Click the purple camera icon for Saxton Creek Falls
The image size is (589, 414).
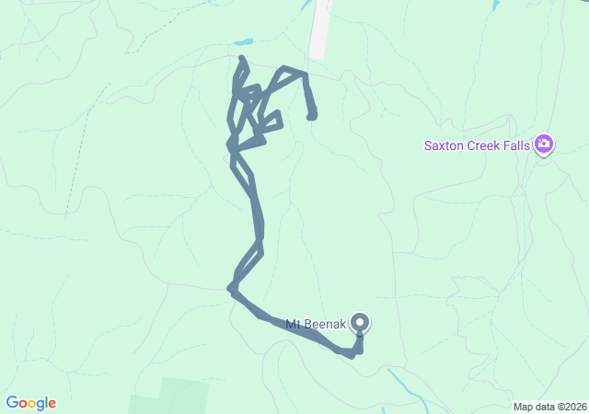tap(544, 144)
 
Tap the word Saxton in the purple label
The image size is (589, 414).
tap(444, 144)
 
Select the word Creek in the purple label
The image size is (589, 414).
tap(484, 144)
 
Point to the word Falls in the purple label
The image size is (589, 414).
tap(518, 144)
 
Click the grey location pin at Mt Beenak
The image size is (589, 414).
tap(361, 322)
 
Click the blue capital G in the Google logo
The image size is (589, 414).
tap(12, 403)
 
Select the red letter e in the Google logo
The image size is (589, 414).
tap(52, 404)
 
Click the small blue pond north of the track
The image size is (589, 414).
tap(243, 42)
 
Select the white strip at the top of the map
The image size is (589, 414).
tap(319, 28)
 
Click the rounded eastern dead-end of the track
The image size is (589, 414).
tap(312, 114)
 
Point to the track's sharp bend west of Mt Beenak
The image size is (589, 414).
tap(231, 289)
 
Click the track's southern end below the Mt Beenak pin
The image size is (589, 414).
tap(353, 353)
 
